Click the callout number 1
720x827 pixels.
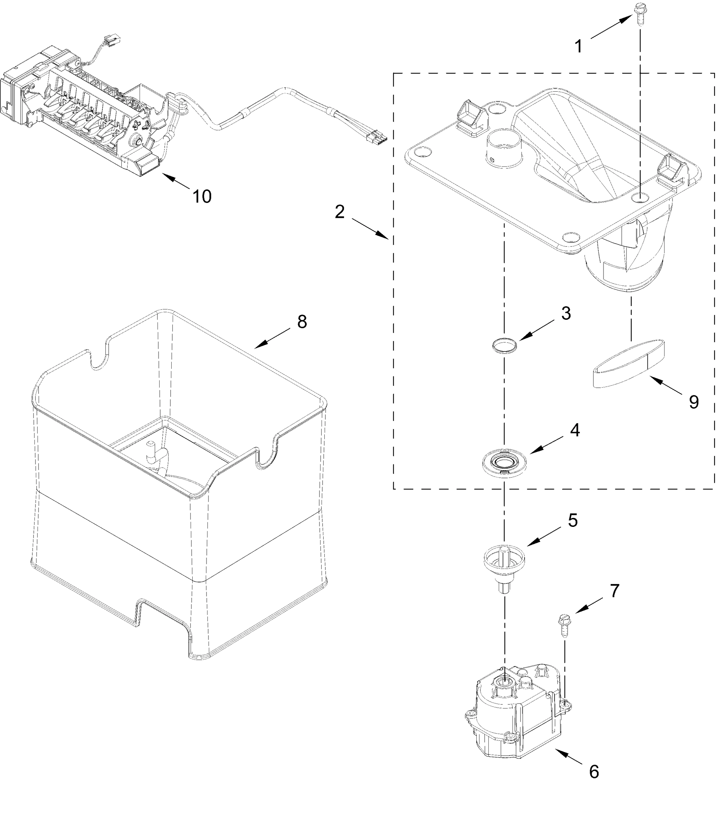(579, 47)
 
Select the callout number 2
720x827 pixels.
(339, 212)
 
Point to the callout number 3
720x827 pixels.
(566, 313)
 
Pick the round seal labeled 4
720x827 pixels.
(504, 463)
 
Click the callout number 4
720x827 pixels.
(575, 431)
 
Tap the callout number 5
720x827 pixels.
(572, 520)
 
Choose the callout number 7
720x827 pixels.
(615, 590)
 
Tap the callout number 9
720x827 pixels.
(694, 402)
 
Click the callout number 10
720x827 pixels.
(202, 196)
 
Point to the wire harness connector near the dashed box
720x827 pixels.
(378, 138)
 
